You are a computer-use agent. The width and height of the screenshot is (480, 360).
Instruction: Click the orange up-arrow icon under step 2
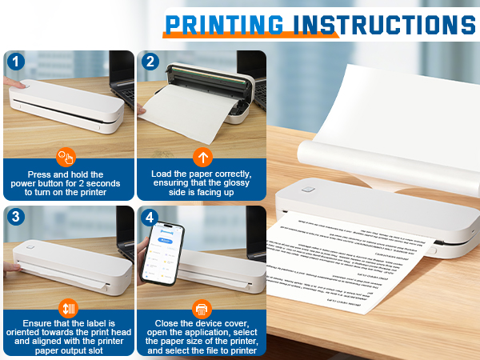(202, 157)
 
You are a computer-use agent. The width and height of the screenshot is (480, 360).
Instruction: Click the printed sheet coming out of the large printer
(352, 256)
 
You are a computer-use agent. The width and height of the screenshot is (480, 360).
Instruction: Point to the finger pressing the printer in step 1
(12, 84)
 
